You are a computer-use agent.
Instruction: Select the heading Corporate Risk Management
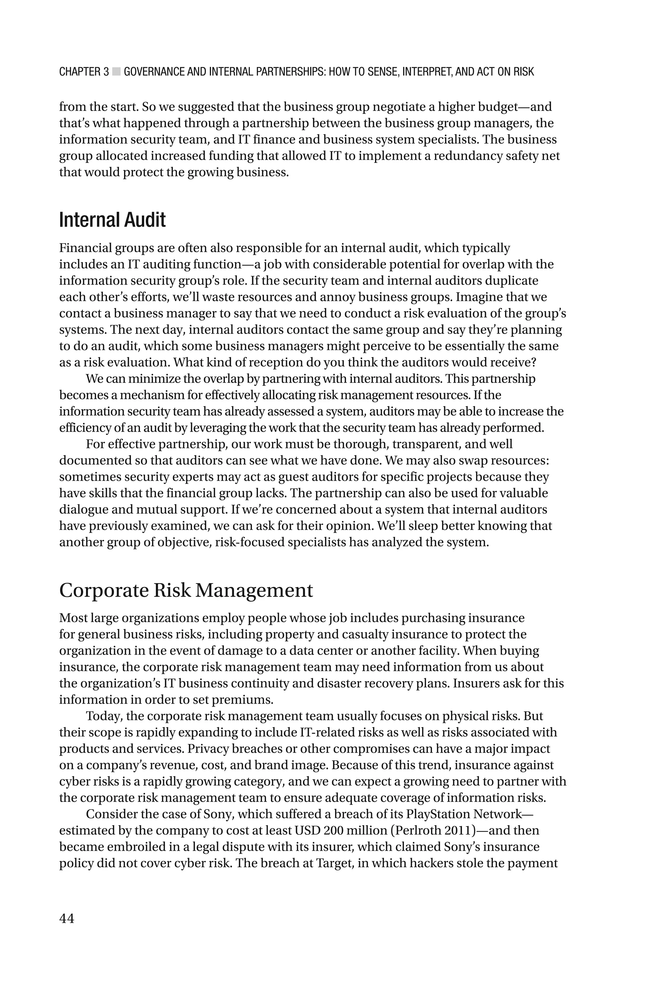(186, 590)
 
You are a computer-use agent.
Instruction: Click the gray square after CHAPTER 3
(117, 72)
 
